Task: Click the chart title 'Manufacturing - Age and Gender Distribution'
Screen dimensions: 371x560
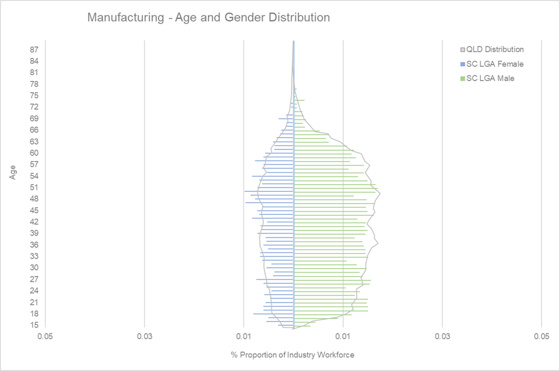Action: click(208, 17)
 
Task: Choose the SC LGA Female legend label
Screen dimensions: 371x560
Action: click(494, 64)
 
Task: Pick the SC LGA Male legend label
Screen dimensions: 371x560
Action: click(490, 78)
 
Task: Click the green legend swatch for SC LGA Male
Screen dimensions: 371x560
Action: click(462, 79)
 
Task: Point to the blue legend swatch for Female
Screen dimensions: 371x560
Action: click(462, 64)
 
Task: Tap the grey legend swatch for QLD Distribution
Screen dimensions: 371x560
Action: click(462, 50)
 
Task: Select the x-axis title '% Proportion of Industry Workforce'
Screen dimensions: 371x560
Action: click(293, 355)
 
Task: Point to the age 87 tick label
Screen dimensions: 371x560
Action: click(35, 49)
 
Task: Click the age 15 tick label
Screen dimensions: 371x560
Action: click(35, 325)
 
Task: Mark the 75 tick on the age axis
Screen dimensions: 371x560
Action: click(35, 95)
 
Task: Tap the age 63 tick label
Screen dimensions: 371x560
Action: click(35, 141)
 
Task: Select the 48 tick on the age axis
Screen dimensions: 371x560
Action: click(35, 198)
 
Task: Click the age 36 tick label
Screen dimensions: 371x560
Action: click(35, 245)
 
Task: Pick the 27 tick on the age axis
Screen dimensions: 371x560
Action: click(35, 279)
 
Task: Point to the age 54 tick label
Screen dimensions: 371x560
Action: click(35, 176)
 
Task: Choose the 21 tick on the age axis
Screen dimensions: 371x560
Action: click(35, 302)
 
